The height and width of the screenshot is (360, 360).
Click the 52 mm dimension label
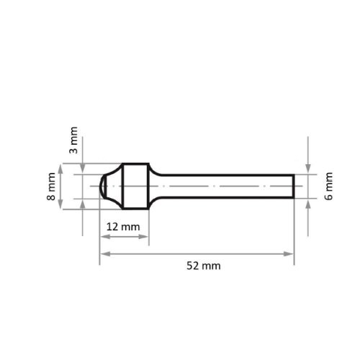click(203, 266)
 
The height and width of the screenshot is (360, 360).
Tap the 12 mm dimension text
click(123, 227)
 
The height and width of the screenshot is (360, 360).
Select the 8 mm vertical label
click(51, 186)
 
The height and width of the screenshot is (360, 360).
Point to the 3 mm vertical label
click(73, 140)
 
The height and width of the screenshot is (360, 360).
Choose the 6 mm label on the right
click(329, 186)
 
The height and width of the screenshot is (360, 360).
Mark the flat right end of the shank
click(293, 186)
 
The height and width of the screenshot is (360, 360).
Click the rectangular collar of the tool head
click(135, 186)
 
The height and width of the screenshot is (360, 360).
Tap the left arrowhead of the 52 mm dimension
click(104, 253)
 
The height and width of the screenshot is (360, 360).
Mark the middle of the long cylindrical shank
click(227, 186)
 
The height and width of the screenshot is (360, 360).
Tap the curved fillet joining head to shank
click(155, 173)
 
